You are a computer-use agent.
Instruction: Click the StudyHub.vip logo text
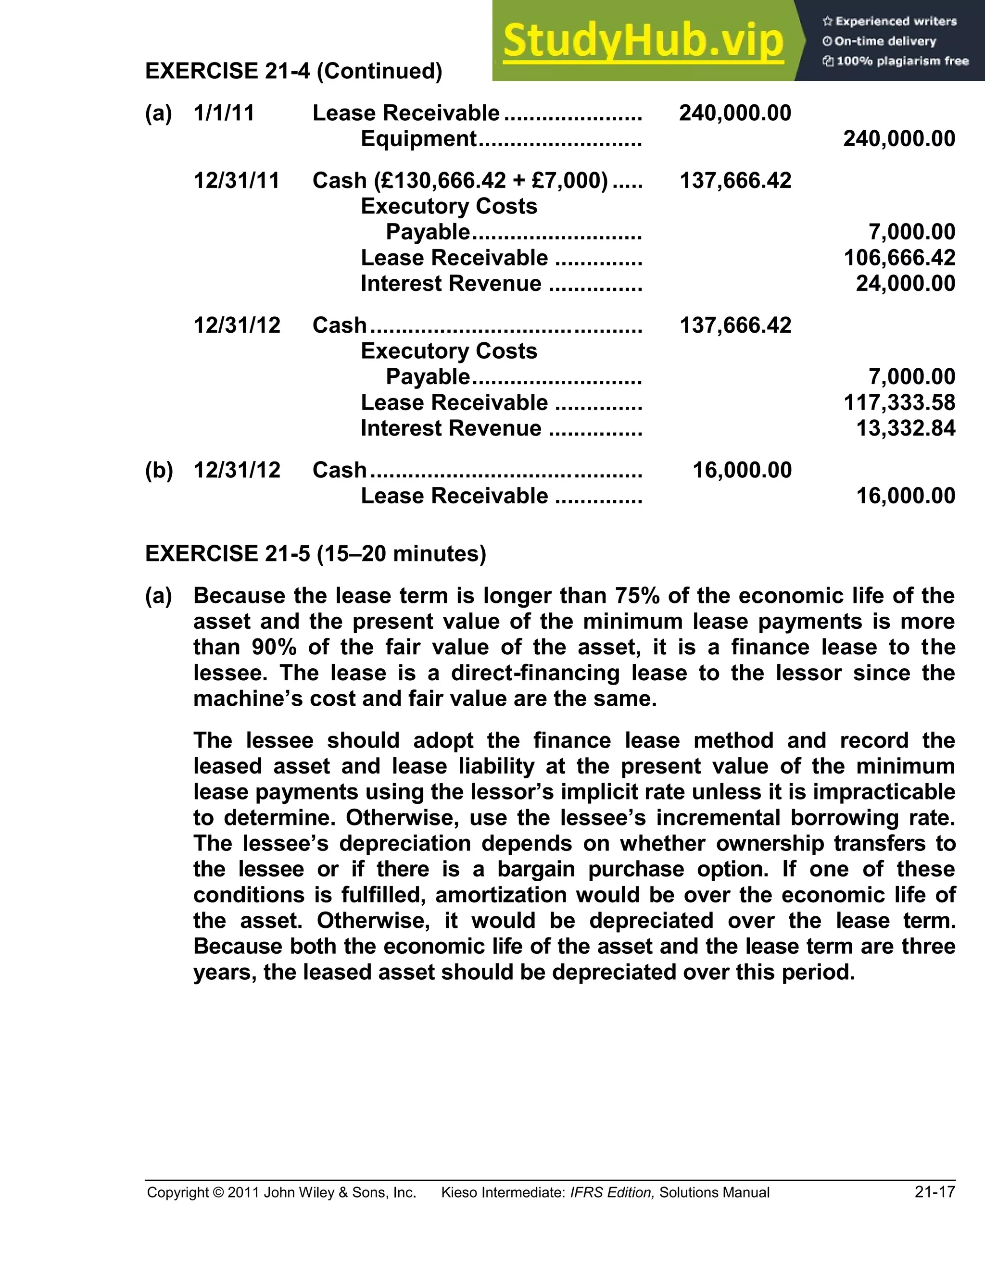point(643,41)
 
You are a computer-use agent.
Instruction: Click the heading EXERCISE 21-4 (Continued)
point(293,71)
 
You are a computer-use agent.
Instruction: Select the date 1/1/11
point(224,113)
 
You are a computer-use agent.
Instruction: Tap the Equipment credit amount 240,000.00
point(898,139)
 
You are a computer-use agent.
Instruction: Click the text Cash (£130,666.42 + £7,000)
point(460,181)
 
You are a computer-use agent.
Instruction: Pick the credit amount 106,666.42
point(899,258)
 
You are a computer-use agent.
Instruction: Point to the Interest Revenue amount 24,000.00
point(905,284)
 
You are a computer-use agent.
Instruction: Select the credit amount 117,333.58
point(899,402)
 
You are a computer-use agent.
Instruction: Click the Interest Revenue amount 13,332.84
point(905,428)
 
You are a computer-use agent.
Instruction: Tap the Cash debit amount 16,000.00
point(742,470)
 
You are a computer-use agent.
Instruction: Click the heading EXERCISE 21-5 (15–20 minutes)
point(315,553)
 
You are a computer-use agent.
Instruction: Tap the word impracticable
point(884,792)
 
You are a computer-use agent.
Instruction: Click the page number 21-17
point(935,1192)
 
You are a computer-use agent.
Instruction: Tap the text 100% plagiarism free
point(902,61)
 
